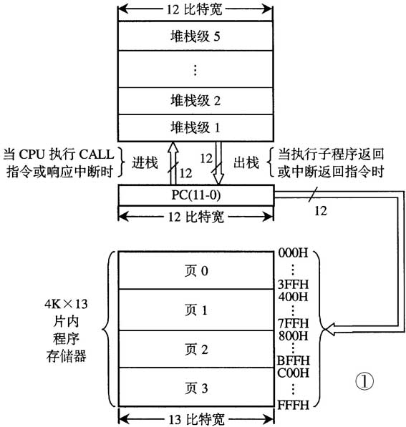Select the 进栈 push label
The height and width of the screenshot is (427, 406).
click(x=144, y=162)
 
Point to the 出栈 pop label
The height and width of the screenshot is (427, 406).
click(x=248, y=162)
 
